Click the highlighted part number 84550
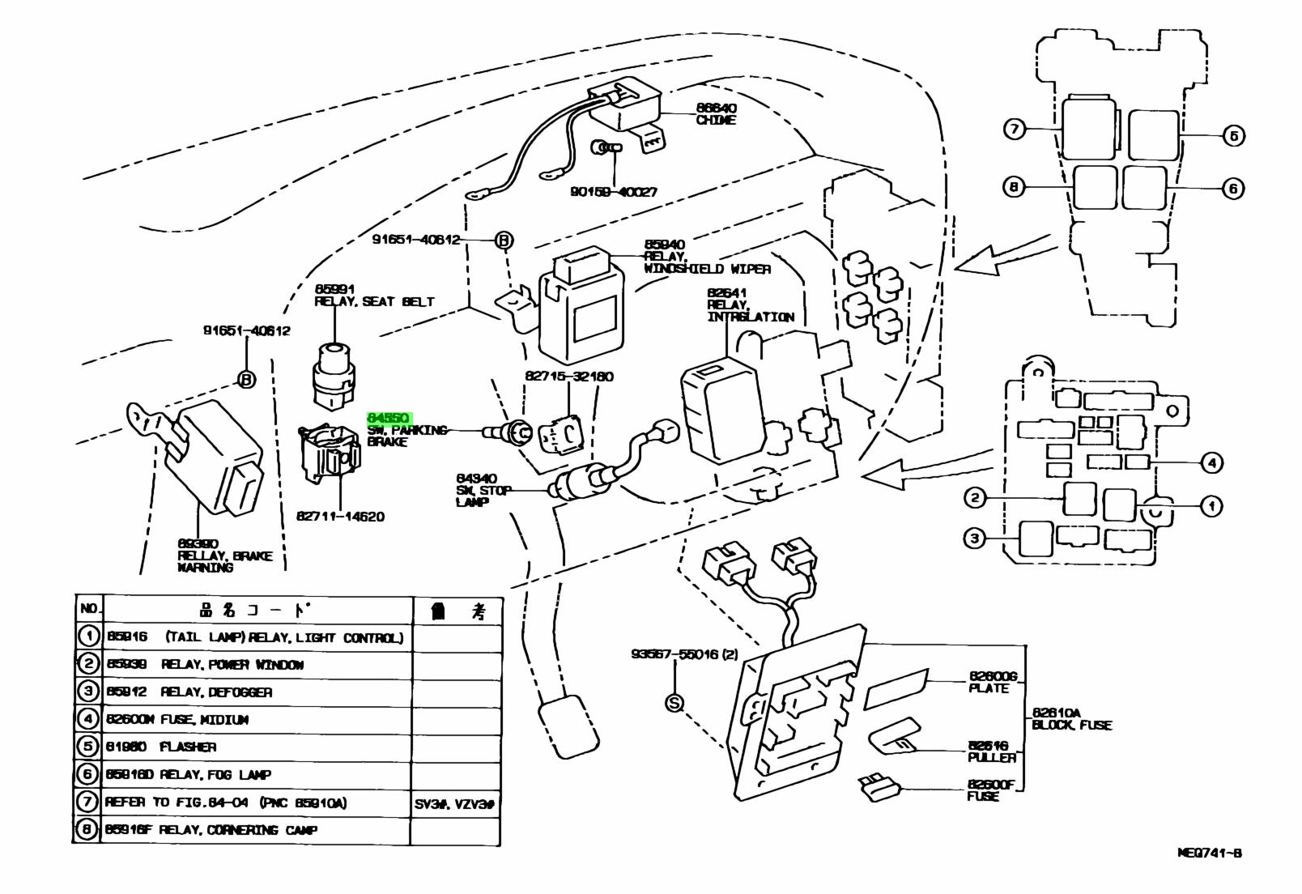click(x=389, y=418)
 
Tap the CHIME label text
click(x=716, y=120)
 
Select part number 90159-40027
click(x=613, y=193)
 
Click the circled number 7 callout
click(x=1015, y=129)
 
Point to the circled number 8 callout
click(x=1014, y=188)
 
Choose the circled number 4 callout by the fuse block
click(x=1211, y=463)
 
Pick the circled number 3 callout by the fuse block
click(x=974, y=538)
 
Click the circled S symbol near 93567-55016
click(x=674, y=703)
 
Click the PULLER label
click(x=991, y=757)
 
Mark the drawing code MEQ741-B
click(x=1209, y=853)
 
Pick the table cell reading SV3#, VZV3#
click(x=456, y=803)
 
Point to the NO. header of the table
click(x=88, y=609)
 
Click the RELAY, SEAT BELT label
click(x=374, y=302)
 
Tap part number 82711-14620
click(x=340, y=517)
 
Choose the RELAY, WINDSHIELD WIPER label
click(x=707, y=263)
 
